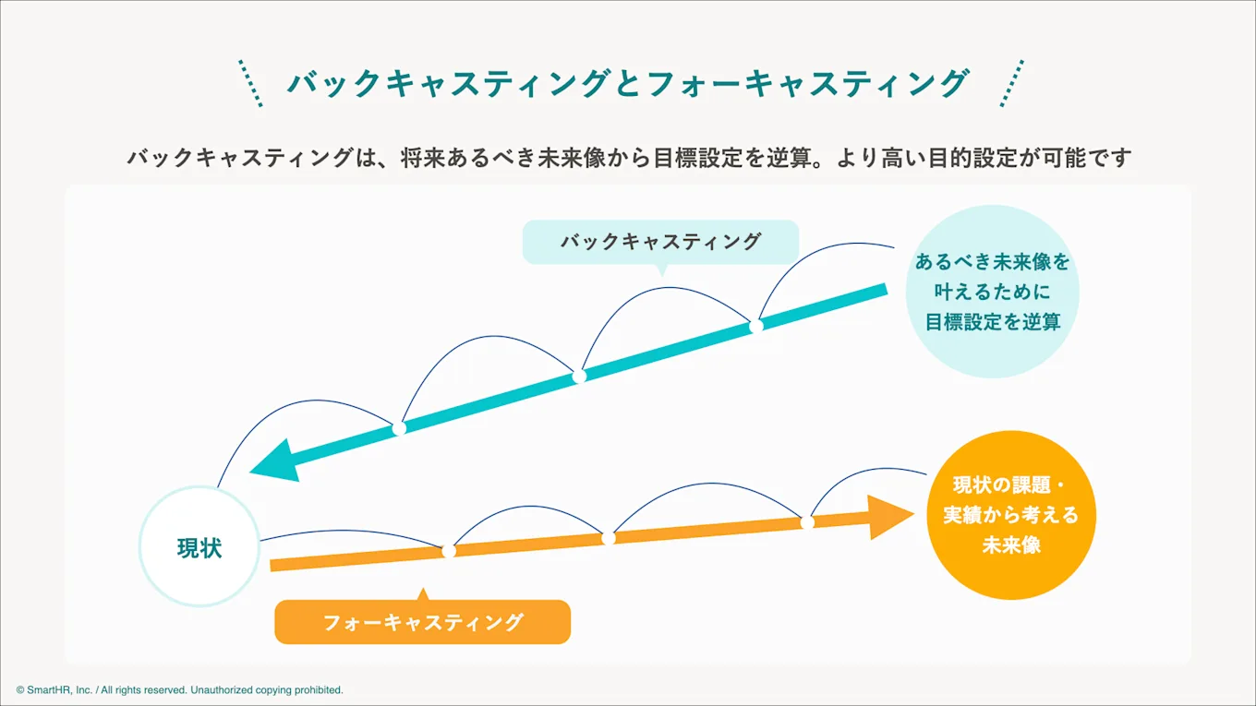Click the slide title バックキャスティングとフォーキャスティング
click(628, 84)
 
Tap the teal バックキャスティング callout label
click(660, 242)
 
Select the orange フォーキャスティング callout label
click(423, 622)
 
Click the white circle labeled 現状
click(199, 546)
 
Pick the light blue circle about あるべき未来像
click(993, 292)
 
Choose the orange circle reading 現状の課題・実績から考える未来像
click(1011, 515)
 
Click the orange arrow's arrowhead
click(890, 517)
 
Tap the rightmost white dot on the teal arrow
click(755, 326)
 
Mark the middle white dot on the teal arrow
click(579, 377)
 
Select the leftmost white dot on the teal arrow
click(399, 428)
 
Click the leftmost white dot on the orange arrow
click(449, 551)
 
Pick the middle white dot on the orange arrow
click(609, 538)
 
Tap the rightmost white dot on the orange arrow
click(807, 522)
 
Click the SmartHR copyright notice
click(179, 689)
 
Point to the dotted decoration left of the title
click(250, 83)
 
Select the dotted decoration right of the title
click(1012, 83)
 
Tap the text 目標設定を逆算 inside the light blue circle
click(993, 322)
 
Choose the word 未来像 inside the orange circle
click(1011, 544)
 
